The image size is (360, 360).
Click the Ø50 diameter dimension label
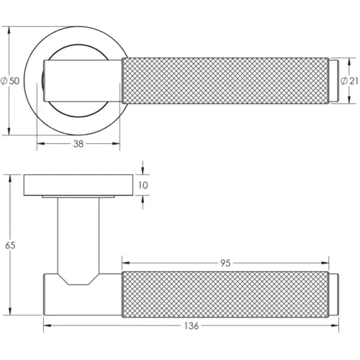tap(10, 81)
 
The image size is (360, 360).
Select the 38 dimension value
tap(78, 144)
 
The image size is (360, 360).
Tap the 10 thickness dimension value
tap(143, 185)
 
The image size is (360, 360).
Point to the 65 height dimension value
tap(10, 246)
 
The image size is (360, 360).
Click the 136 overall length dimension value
tap(192, 326)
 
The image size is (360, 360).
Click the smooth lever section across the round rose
tap(83, 81)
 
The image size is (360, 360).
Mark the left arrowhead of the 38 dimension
tap(39, 143)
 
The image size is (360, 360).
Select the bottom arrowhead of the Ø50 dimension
tap(10, 132)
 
